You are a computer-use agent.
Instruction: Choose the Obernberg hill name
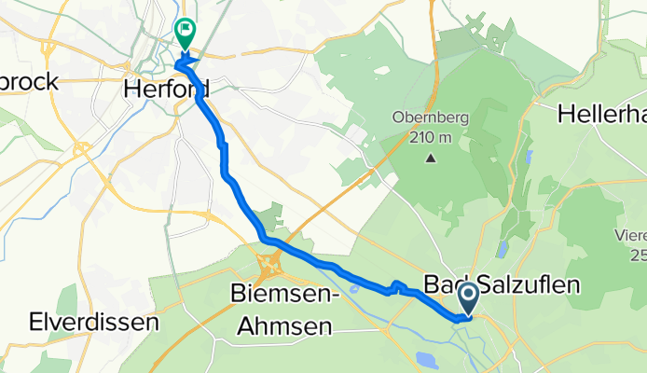coord(430,119)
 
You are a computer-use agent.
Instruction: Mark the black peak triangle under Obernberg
coord(431,158)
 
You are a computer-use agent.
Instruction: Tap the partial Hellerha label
coord(602,114)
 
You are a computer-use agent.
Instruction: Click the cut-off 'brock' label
coord(30,82)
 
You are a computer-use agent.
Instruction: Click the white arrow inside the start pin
coord(468,297)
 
